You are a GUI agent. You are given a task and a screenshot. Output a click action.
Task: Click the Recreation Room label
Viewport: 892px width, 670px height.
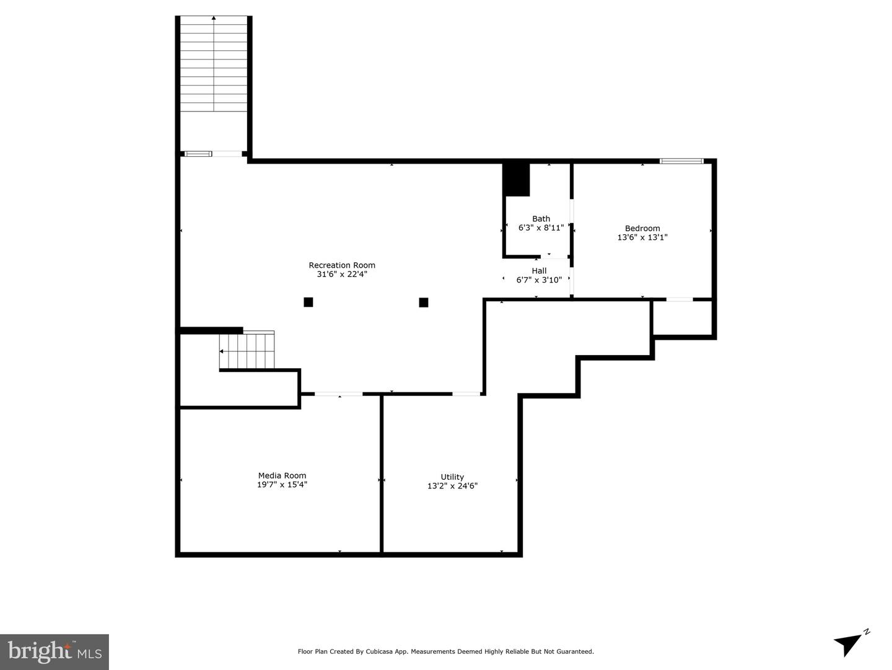342,265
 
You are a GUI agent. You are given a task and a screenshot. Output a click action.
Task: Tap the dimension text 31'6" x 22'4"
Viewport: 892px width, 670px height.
342,274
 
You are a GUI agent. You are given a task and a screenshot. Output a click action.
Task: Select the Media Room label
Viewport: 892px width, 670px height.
282,476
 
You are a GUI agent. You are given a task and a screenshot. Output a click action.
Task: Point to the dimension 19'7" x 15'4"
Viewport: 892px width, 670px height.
282,485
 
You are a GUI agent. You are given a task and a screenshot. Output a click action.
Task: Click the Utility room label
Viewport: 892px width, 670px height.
452,477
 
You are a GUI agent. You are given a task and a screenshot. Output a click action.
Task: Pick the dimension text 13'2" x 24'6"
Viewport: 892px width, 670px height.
452,486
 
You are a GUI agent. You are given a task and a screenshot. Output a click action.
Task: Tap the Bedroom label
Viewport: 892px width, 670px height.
642,228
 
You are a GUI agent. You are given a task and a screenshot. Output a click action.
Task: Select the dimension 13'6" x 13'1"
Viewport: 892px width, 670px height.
642,237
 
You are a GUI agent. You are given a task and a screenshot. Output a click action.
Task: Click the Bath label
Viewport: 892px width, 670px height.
541,219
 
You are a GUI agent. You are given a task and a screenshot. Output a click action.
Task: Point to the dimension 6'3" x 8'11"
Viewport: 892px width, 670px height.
541,227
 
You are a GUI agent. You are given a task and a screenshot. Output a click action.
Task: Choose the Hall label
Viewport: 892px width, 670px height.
539,271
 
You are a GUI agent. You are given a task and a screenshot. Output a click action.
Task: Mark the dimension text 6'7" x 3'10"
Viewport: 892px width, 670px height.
539,280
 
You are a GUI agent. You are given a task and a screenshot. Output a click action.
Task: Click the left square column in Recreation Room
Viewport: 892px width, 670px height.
308,302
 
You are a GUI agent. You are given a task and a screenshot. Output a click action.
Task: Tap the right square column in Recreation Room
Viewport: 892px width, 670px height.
424,302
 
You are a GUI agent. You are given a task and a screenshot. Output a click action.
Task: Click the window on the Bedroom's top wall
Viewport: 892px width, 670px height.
681,161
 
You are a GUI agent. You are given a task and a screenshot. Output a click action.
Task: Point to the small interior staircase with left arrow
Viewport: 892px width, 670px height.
247,351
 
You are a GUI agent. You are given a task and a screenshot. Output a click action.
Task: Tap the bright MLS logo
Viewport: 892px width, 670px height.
55,651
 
